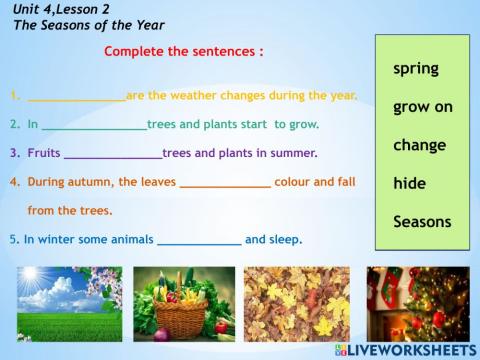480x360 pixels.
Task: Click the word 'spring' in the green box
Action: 416,69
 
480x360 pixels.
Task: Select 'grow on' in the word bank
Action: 423,106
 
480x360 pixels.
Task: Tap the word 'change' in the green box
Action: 420,145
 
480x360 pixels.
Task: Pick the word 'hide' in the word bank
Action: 410,184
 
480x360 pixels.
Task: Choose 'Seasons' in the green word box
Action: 422,222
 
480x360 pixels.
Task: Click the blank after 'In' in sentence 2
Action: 94,125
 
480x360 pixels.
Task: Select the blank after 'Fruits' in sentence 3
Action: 112,153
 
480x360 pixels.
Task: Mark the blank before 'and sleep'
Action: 199,240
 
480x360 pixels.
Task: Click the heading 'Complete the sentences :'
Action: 184,50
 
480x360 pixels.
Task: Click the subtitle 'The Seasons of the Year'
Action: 89,24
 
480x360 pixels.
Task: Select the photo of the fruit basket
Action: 184,303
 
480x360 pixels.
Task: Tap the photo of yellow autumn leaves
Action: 297,303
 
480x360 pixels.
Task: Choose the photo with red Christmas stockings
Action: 416,300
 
